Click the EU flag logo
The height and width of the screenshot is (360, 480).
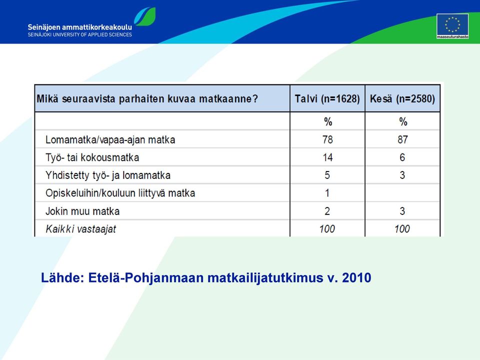pos(452,26)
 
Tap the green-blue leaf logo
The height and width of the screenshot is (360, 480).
pos(145,16)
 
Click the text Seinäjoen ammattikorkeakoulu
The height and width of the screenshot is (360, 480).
pos(80,27)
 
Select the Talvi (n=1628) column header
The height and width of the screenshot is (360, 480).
pos(327,99)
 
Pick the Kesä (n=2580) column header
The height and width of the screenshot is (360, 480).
pos(402,99)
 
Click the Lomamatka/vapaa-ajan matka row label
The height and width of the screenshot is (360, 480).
pos(110,140)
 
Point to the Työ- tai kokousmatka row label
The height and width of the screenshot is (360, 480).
pos(92,157)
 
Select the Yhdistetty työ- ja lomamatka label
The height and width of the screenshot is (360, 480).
pos(108,175)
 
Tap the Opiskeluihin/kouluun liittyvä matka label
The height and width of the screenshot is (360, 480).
pos(120,193)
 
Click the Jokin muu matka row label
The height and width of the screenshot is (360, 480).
pos(82,211)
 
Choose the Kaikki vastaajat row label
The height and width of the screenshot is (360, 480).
pos(81,229)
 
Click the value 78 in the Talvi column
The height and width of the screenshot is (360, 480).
pos(327,139)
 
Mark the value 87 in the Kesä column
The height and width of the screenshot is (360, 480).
pos(402,139)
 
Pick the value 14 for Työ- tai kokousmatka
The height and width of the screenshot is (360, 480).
pos(327,157)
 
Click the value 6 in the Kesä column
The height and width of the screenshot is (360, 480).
pos(402,157)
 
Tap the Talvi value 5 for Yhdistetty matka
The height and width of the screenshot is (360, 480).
pos(327,175)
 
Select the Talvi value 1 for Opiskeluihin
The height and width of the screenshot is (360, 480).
pos(327,193)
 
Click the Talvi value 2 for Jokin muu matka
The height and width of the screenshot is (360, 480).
pos(327,211)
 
